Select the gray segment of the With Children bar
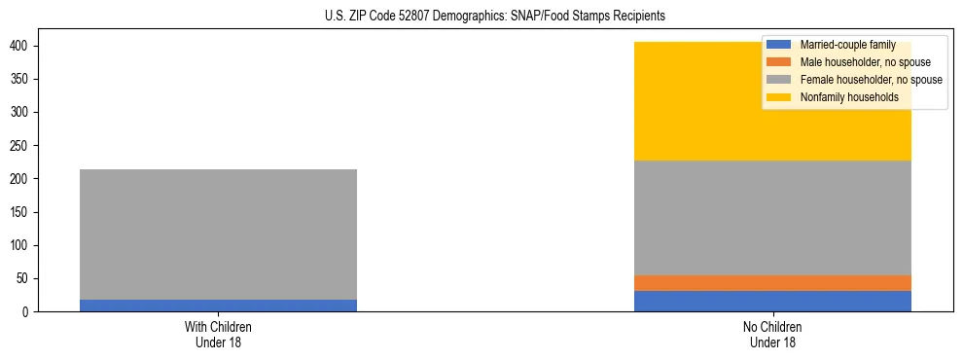click(218, 234)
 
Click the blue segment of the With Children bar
click(218, 306)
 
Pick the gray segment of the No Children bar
click(772, 218)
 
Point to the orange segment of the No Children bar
click(772, 283)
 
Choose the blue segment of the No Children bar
click(772, 302)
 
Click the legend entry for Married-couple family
click(842, 45)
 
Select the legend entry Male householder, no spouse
click(851, 62)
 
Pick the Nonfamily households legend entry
click(842, 97)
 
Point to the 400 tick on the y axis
click(17, 46)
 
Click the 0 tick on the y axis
click(24, 312)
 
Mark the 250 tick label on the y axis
click(17, 146)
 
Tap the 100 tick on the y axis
click(17, 246)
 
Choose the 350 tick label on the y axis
click(17, 80)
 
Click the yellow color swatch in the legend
click(779, 97)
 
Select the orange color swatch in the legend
click(779, 62)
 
